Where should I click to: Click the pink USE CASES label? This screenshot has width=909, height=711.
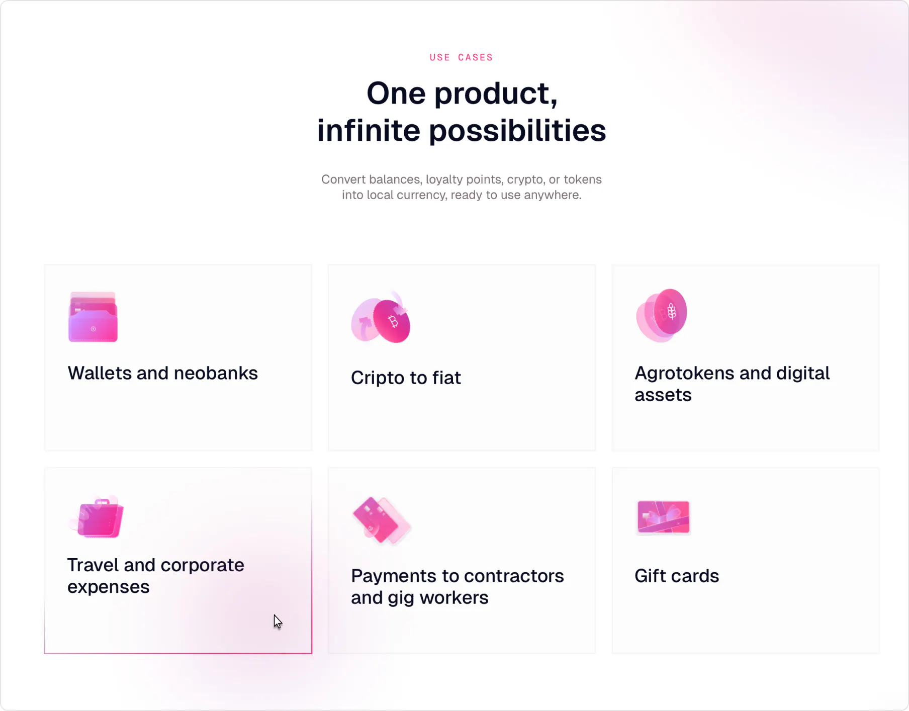pos(461,57)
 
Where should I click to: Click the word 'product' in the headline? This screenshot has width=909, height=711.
pos(496,94)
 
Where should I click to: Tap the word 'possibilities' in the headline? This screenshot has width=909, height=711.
pos(517,131)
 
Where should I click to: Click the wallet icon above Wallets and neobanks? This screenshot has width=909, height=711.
pos(93,317)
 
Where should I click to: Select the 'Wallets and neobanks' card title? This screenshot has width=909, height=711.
pos(163,373)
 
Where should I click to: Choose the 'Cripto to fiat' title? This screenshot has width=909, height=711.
pos(406,378)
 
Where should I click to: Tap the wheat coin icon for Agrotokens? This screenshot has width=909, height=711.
pos(662,315)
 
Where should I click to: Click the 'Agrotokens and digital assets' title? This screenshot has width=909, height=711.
pos(732,384)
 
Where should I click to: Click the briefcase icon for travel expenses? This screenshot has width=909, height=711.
pos(97,517)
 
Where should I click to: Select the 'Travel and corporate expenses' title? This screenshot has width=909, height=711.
pos(156,576)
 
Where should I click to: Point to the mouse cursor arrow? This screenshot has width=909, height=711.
pos(278,621)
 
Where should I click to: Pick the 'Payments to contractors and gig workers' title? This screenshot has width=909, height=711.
pos(458,586)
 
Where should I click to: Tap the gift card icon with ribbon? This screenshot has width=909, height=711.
pos(663,517)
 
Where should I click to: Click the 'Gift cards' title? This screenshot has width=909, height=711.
pos(677,576)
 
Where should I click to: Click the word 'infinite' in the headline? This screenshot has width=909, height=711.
pos(369,131)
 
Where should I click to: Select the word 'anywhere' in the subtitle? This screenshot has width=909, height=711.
pos(553,195)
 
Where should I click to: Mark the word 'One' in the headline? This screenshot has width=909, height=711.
pos(396,94)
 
